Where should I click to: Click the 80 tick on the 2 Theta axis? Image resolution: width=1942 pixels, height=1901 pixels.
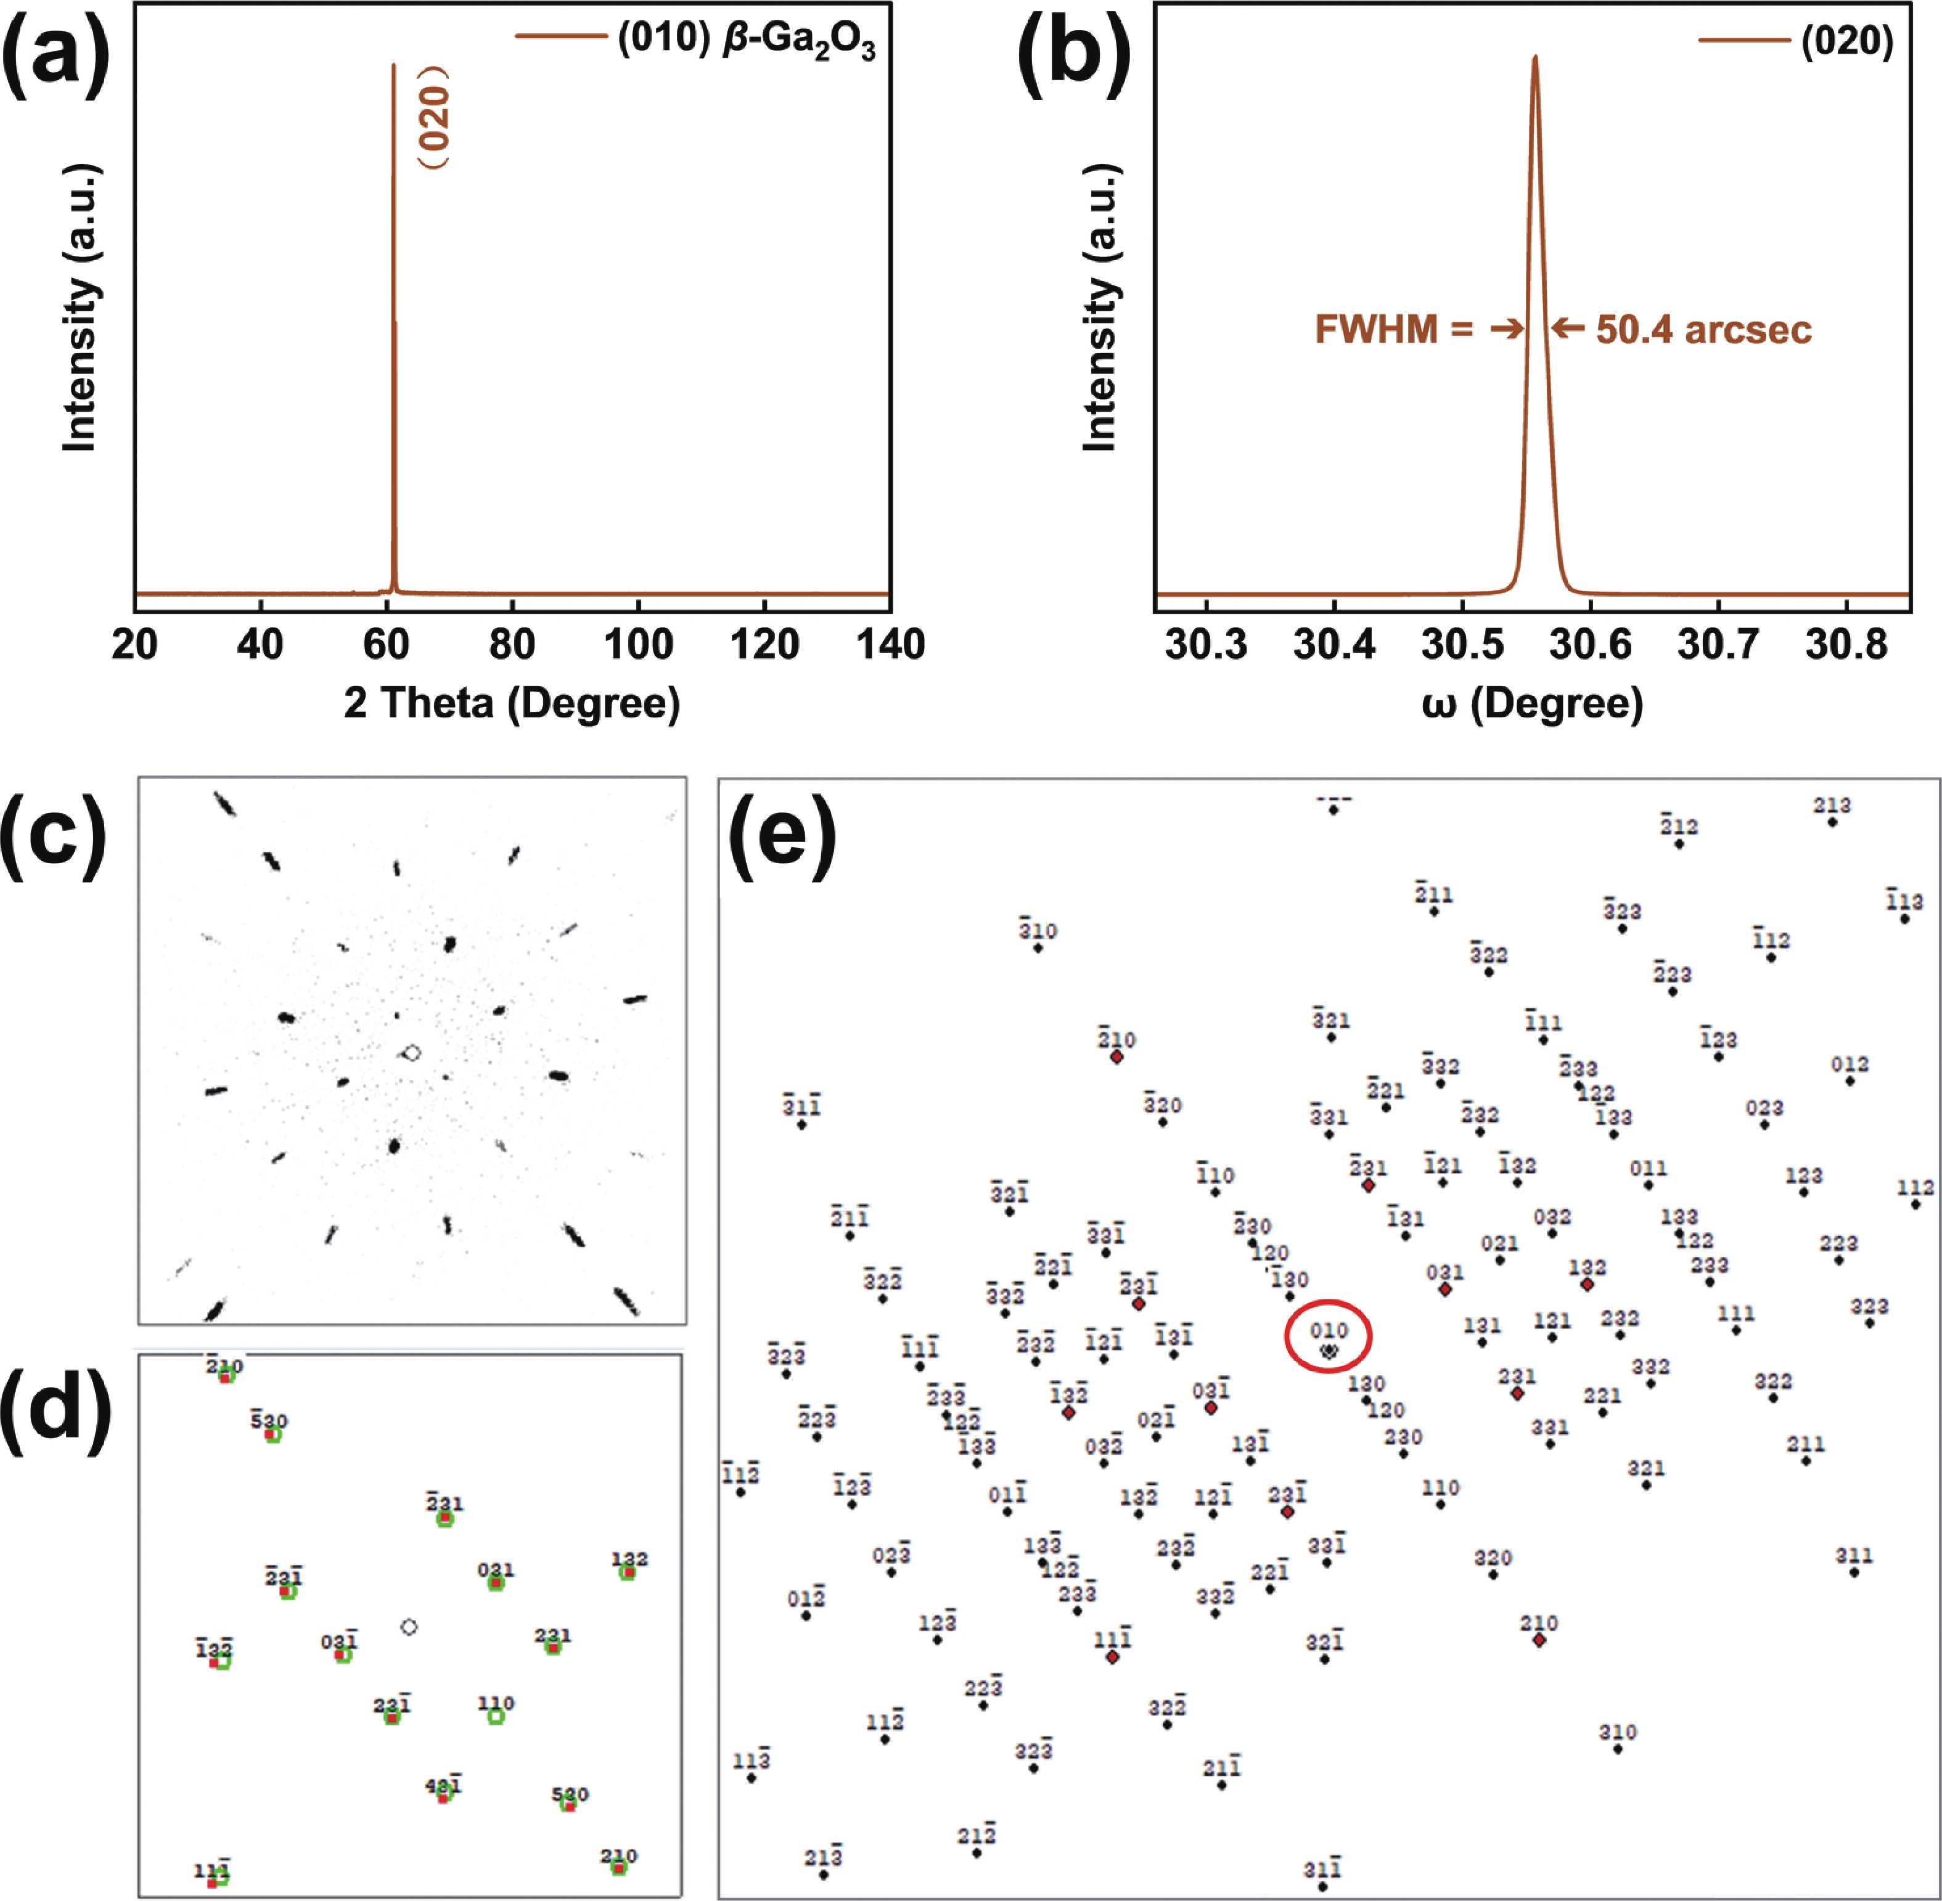click(x=512, y=645)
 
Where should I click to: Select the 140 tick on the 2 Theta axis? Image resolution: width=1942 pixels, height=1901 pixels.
click(x=890, y=645)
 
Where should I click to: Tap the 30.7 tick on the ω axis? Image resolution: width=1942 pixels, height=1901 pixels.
click(x=1718, y=645)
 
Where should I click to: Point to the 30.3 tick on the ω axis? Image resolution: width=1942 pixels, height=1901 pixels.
click(x=1206, y=645)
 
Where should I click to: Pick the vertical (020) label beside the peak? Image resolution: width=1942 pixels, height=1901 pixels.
click(x=433, y=118)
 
